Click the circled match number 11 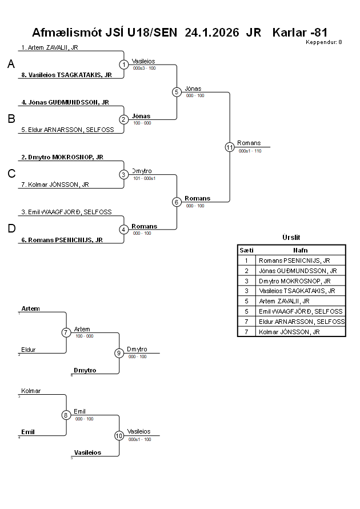230,147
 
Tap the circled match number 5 177,92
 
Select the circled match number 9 119,353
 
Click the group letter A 11,65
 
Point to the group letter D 11,229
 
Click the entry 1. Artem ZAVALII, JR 50,47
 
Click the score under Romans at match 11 250,151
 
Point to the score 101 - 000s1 144,178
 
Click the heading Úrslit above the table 291,238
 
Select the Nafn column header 301,250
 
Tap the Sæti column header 246,250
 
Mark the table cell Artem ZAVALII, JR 284,301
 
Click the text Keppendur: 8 324,42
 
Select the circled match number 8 66,415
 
